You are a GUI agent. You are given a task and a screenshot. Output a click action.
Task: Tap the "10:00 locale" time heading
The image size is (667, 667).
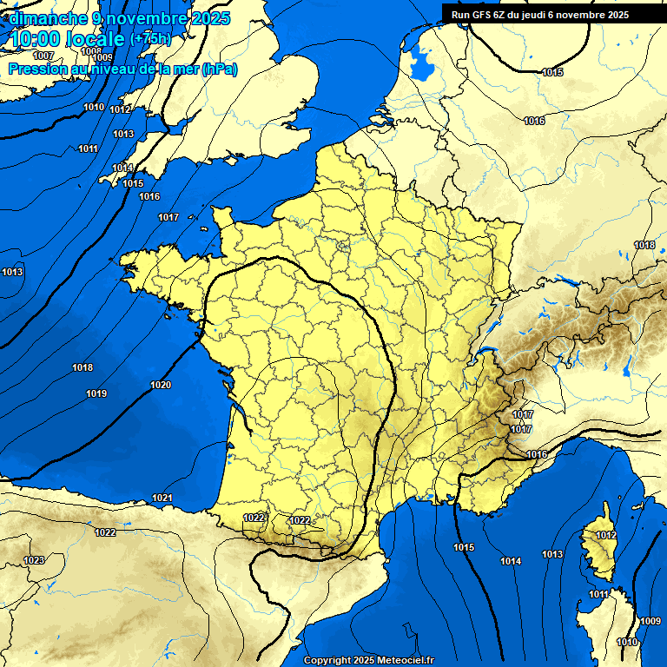tap(67, 38)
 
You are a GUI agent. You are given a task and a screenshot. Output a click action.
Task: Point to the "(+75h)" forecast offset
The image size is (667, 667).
tap(150, 39)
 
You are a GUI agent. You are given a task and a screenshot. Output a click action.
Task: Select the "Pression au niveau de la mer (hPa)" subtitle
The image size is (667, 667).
tap(122, 69)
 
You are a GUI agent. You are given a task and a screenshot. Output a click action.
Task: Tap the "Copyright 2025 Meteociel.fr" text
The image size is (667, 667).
tap(368, 660)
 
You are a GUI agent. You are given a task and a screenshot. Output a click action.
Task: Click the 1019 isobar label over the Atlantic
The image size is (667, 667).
tap(96, 394)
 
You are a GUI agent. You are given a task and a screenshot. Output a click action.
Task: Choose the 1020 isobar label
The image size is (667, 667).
tap(161, 385)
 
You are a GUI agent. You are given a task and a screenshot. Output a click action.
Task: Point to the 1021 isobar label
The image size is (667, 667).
tap(162, 498)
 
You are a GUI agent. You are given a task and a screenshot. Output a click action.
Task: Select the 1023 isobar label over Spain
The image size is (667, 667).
tap(34, 560)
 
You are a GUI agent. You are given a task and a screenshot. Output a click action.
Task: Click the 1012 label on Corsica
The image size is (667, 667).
tap(606, 535)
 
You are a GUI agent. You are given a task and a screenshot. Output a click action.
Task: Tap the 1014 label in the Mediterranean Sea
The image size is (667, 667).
tap(511, 562)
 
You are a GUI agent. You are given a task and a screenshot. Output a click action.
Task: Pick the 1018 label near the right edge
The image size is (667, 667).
tap(644, 245)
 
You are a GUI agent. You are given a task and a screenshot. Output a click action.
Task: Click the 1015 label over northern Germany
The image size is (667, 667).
tap(553, 72)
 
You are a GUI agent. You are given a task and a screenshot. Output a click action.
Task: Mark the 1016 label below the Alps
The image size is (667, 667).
tap(537, 454)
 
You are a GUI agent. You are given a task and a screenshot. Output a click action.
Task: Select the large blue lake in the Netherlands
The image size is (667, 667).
tap(422, 62)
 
